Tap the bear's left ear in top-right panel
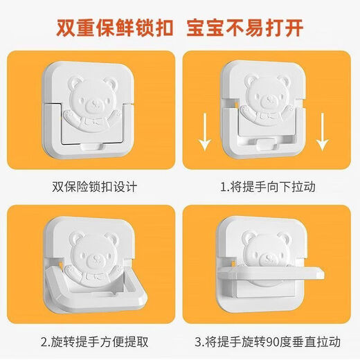coord(249,78)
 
